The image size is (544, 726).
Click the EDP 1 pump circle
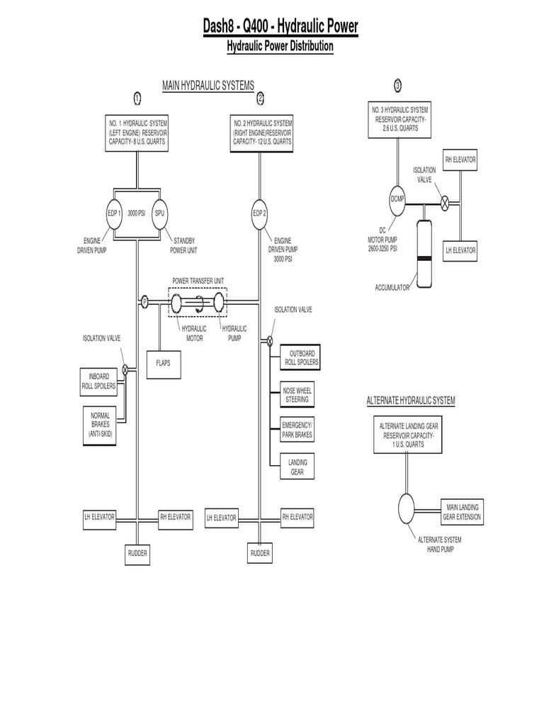point(115,213)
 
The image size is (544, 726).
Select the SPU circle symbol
point(159,213)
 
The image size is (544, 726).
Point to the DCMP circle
point(397,201)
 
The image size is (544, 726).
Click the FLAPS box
point(164,362)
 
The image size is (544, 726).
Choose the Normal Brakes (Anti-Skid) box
point(101,423)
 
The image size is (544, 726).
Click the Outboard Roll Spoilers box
point(300,358)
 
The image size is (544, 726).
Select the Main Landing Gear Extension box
point(462,512)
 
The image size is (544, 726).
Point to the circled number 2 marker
point(260,98)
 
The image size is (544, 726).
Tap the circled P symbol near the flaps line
point(144,301)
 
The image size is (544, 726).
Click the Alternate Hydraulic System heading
point(411,401)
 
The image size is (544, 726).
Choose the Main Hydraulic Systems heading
point(208,85)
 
